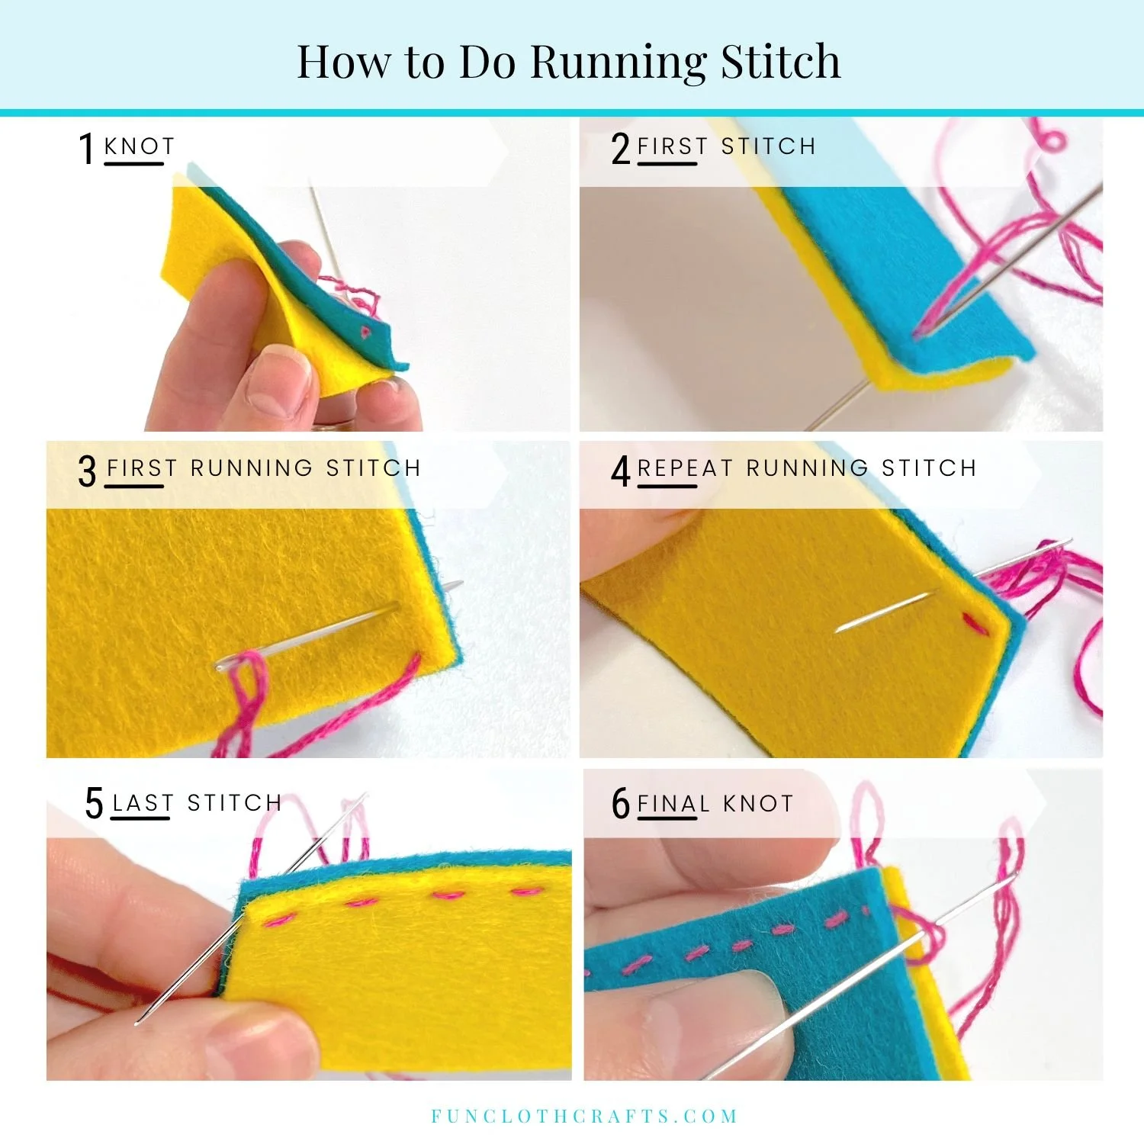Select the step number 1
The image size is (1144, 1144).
click(87, 148)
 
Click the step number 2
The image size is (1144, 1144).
click(621, 148)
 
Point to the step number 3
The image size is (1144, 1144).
click(88, 471)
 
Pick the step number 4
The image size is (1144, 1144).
click(621, 471)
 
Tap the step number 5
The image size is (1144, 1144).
click(94, 803)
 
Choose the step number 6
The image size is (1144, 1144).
click(621, 803)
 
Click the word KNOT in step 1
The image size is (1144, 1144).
click(139, 146)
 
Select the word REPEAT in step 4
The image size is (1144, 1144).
click(684, 468)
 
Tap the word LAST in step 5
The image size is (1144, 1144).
click(143, 803)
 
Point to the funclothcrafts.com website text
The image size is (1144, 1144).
click(584, 1117)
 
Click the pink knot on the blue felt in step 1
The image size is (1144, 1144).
click(365, 332)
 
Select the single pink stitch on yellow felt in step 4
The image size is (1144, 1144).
click(975, 624)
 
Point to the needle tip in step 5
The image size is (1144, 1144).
click(138, 1023)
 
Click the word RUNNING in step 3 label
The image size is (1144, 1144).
click(251, 468)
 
